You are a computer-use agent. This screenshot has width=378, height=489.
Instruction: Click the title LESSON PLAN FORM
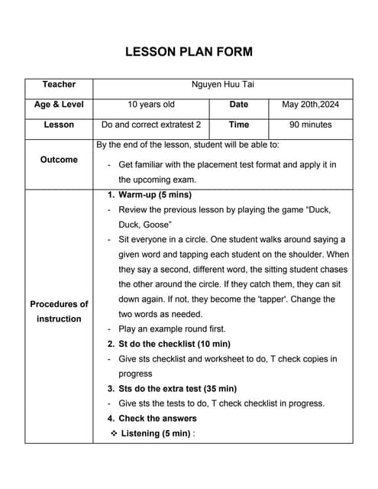189,52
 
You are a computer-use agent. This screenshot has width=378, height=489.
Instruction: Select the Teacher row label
59,84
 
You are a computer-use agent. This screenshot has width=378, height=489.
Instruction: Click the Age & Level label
59,105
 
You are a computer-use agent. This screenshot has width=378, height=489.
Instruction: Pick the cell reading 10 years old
151,105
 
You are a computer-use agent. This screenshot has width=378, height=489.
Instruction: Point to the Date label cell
238,105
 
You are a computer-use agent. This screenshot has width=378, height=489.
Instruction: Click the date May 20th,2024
311,105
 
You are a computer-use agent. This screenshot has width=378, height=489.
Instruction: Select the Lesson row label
59,125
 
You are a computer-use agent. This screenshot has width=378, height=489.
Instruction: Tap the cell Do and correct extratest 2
151,125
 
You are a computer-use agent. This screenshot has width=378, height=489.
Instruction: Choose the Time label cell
238,125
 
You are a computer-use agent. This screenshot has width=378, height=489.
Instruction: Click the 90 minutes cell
311,125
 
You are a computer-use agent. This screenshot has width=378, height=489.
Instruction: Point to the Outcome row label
59,160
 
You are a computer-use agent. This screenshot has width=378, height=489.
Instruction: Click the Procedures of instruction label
59,311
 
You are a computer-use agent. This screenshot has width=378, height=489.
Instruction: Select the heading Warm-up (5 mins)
155,195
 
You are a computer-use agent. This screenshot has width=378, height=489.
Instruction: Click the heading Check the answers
157,418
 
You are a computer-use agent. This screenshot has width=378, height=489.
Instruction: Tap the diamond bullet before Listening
114,433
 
